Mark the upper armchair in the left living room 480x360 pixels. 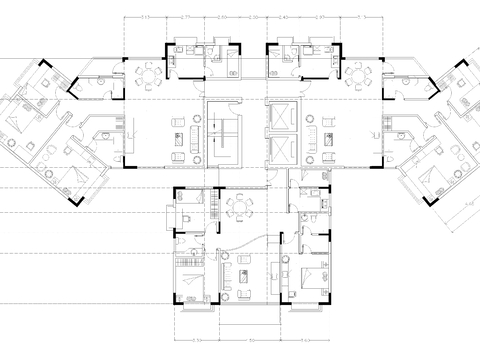pyautogui.click(x=177, y=123)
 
